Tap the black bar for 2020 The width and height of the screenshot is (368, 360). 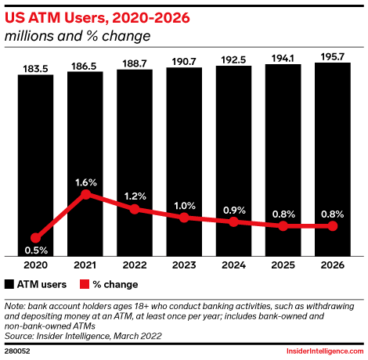pos(35,157)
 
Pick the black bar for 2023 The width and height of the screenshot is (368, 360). pos(184,157)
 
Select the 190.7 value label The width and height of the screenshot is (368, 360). pos(184,59)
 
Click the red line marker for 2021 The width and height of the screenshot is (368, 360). pos(85,194)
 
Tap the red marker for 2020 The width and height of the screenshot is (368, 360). pos(35,238)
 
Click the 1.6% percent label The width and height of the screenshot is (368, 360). pos(85,181)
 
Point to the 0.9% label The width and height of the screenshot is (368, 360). pos(233,210)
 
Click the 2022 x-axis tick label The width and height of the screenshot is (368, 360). pos(135,265)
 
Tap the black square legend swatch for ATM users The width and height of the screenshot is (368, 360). pos(10,284)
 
